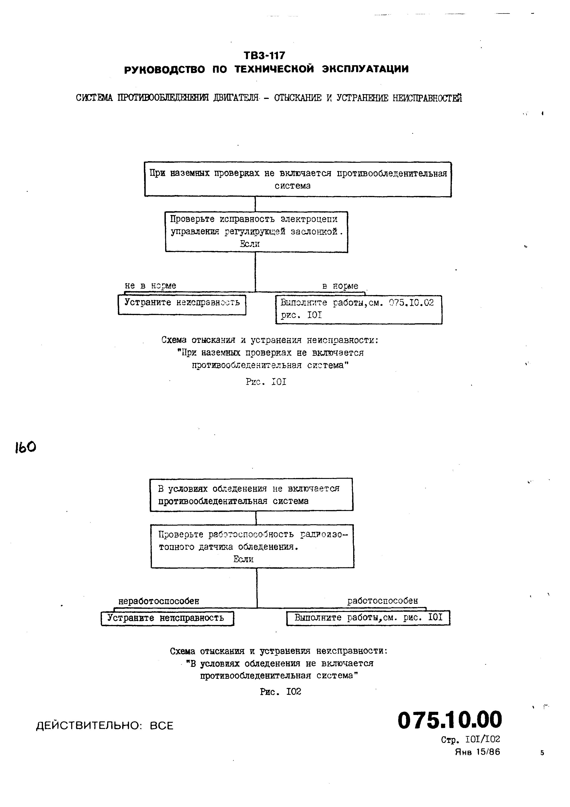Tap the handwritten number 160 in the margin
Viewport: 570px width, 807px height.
pos(25,447)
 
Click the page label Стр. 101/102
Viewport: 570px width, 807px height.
pos(470,739)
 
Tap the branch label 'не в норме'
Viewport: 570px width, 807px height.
pos(150,286)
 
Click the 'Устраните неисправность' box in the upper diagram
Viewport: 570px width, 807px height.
pos(182,304)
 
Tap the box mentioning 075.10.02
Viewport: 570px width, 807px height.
pos(359,309)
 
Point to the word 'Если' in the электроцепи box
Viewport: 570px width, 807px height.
pos(250,244)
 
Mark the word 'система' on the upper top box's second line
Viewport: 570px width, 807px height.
pos(293,186)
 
